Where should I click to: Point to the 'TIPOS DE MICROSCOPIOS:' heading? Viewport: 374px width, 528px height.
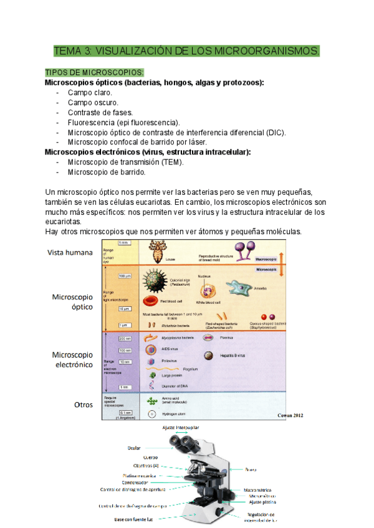point(94,72)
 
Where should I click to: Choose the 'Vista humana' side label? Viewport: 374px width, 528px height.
point(71,252)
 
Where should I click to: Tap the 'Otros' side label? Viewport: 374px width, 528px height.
point(83,404)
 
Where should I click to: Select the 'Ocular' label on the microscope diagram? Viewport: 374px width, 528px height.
point(134,447)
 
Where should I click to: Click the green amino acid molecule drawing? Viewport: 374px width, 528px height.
point(151,402)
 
